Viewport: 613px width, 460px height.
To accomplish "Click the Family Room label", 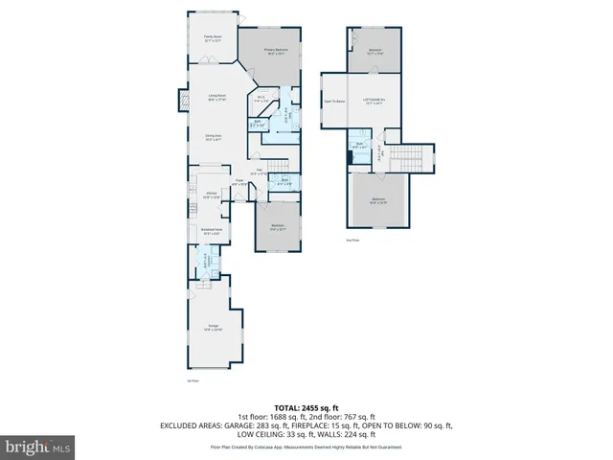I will click(212, 39).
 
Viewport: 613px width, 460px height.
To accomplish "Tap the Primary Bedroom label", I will click(277, 52).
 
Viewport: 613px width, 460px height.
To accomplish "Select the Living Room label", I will click(217, 97).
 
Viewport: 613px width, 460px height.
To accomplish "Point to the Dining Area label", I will click(214, 137).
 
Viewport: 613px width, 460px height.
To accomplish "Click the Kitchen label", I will click(212, 195).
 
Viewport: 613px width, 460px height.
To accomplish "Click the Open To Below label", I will click(334, 100).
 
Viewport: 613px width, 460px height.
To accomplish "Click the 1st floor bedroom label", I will click(278, 227).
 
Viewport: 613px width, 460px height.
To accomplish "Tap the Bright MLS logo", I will click(38, 447).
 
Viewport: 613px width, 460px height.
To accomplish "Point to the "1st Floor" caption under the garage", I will click(192, 381).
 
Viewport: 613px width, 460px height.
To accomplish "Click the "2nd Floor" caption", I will click(352, 241).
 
